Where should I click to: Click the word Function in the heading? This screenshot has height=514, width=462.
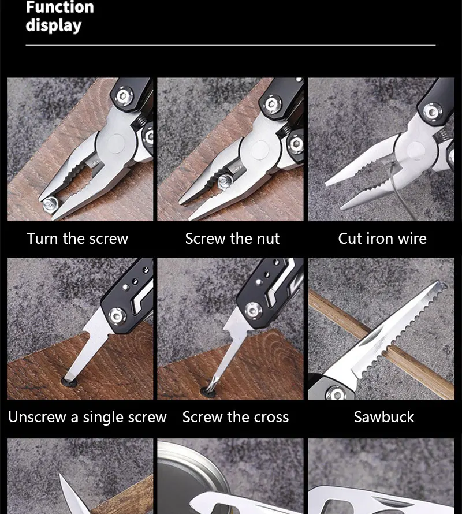(60, 7)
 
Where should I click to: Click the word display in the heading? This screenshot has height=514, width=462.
(54, 25)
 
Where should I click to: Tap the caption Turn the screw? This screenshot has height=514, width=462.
(77, 239)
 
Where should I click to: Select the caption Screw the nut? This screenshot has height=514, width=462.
(232, 239)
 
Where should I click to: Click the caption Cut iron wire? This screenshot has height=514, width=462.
(382, 239)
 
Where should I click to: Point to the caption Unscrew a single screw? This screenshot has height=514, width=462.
(87, 417)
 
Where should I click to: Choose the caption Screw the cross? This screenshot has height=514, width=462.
(236, 417)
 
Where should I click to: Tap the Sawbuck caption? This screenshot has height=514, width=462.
(384, 417)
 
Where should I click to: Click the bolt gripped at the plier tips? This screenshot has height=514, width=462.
(50, 204)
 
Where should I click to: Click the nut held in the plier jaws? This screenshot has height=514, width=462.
(225, 181)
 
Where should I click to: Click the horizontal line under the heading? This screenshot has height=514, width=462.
(230, 45)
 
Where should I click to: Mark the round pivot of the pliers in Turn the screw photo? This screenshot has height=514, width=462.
(115, 144)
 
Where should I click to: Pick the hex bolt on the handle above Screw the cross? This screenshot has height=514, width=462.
(253, 310)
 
